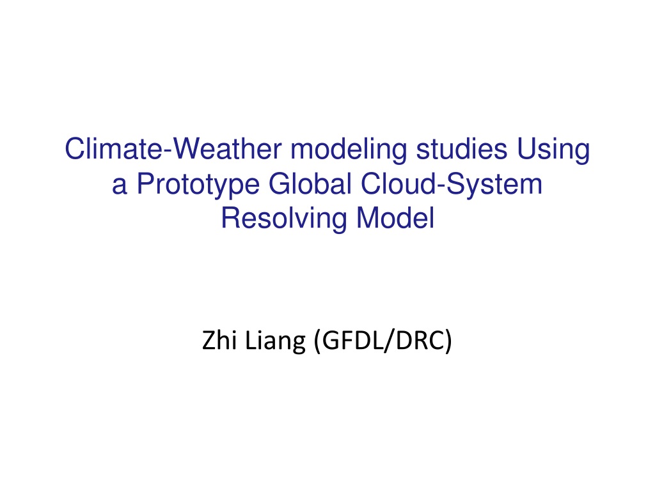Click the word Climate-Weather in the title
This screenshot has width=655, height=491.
(173, 149)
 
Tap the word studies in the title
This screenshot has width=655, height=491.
(462, 149)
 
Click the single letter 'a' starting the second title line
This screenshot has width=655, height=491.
(119, 185)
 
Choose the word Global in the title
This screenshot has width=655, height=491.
(310, 183)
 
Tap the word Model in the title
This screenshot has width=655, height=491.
(395, 219)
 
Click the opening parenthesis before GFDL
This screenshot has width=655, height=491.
(317, 341)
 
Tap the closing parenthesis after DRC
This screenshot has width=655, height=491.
(448, 341)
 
